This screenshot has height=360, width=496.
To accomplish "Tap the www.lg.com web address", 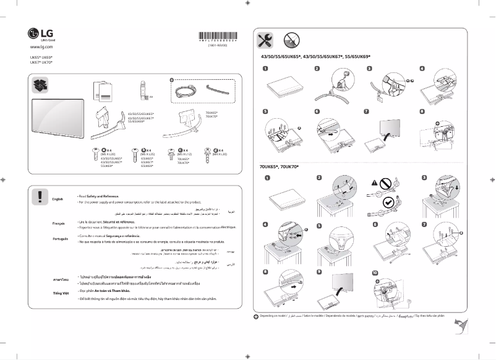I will pyautogui.click(x=41, y=47).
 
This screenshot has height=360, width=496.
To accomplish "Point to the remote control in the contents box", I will pyautogui.click(x=142, y=90).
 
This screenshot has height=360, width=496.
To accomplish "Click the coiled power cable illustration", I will pyautogui.click(x=185, y=90).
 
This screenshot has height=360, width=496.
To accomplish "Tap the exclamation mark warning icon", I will pyautogui.click(x=40, y=196).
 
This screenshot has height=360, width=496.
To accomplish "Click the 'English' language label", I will pyautogui.click(x=58, y=199).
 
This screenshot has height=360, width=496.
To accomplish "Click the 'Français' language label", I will pyautogui.click(x=58, y=223).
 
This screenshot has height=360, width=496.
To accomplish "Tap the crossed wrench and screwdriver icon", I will pyautogui.click(x=265, y=41).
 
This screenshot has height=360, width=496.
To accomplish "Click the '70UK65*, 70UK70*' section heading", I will pyautogui.click(x=280, y=168).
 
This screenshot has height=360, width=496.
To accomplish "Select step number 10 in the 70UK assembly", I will pyautogui.click(x=375, y=273).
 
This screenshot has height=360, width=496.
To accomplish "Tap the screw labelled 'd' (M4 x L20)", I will pyautogui.click(x=207, y=150).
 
